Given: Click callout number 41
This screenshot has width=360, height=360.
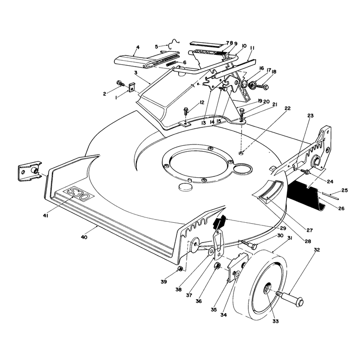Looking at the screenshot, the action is pos(45,216).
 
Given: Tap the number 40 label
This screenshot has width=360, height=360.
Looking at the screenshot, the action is pos(84,237).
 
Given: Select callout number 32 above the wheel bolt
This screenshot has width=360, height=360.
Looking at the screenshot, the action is pos(317,250).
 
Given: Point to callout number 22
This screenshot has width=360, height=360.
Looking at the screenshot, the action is pos(288,108).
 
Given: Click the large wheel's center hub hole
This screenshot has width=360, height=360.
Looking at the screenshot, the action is pos(267,288).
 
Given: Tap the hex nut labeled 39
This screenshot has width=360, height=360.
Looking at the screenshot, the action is pos(180,268).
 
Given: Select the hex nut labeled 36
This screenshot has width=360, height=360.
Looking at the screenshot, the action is pos(217,266).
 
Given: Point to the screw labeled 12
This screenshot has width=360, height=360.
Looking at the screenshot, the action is pos(185,111).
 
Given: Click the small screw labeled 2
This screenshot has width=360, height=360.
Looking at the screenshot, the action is pos(121,83).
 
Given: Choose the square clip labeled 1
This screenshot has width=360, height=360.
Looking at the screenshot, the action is pos(131,87).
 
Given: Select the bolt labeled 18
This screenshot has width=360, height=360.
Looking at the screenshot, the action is pos(262,87).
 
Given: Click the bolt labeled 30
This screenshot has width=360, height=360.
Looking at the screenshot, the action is pos(248,244).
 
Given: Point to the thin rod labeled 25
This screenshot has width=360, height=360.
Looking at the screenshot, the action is pos(330,195).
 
